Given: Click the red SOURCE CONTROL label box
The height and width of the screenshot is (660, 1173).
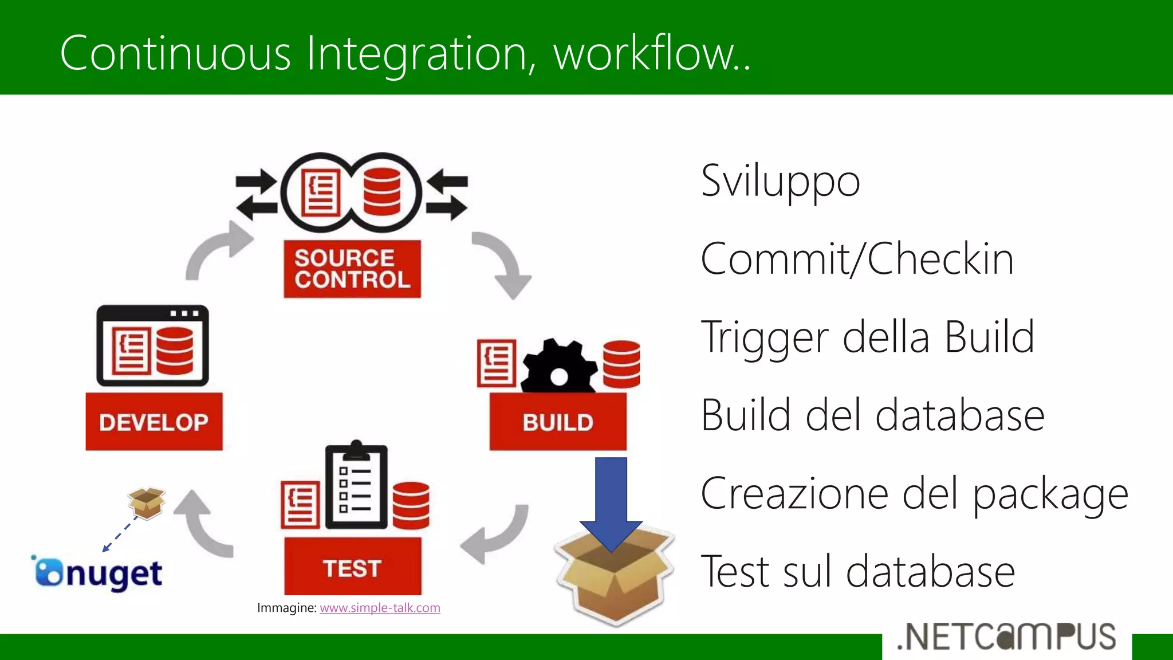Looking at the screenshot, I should pos(352,269).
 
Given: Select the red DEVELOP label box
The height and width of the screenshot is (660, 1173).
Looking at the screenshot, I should pos(154,422).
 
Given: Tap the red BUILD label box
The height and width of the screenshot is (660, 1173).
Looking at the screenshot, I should pos(558,422).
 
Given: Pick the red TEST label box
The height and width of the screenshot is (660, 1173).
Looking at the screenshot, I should pos(352,567).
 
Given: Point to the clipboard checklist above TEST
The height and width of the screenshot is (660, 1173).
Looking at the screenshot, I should pos(356,487).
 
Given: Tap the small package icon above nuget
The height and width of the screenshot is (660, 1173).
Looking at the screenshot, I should pos(147,502).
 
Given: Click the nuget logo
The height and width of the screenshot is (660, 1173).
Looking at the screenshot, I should pos(97,573).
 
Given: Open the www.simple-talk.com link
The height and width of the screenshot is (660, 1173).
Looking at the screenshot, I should pos(380,608).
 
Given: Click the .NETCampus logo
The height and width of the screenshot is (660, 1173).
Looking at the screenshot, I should pos(1006,637).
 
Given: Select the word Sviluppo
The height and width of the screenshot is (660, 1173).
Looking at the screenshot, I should pos(780,181).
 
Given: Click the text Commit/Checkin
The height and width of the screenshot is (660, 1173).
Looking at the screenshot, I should pos(857,259).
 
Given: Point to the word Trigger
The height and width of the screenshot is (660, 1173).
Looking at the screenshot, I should pos(765,337).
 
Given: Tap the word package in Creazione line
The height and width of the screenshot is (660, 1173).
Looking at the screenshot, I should pos(1050,494).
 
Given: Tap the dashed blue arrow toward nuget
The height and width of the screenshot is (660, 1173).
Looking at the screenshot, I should pos(120,535).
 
